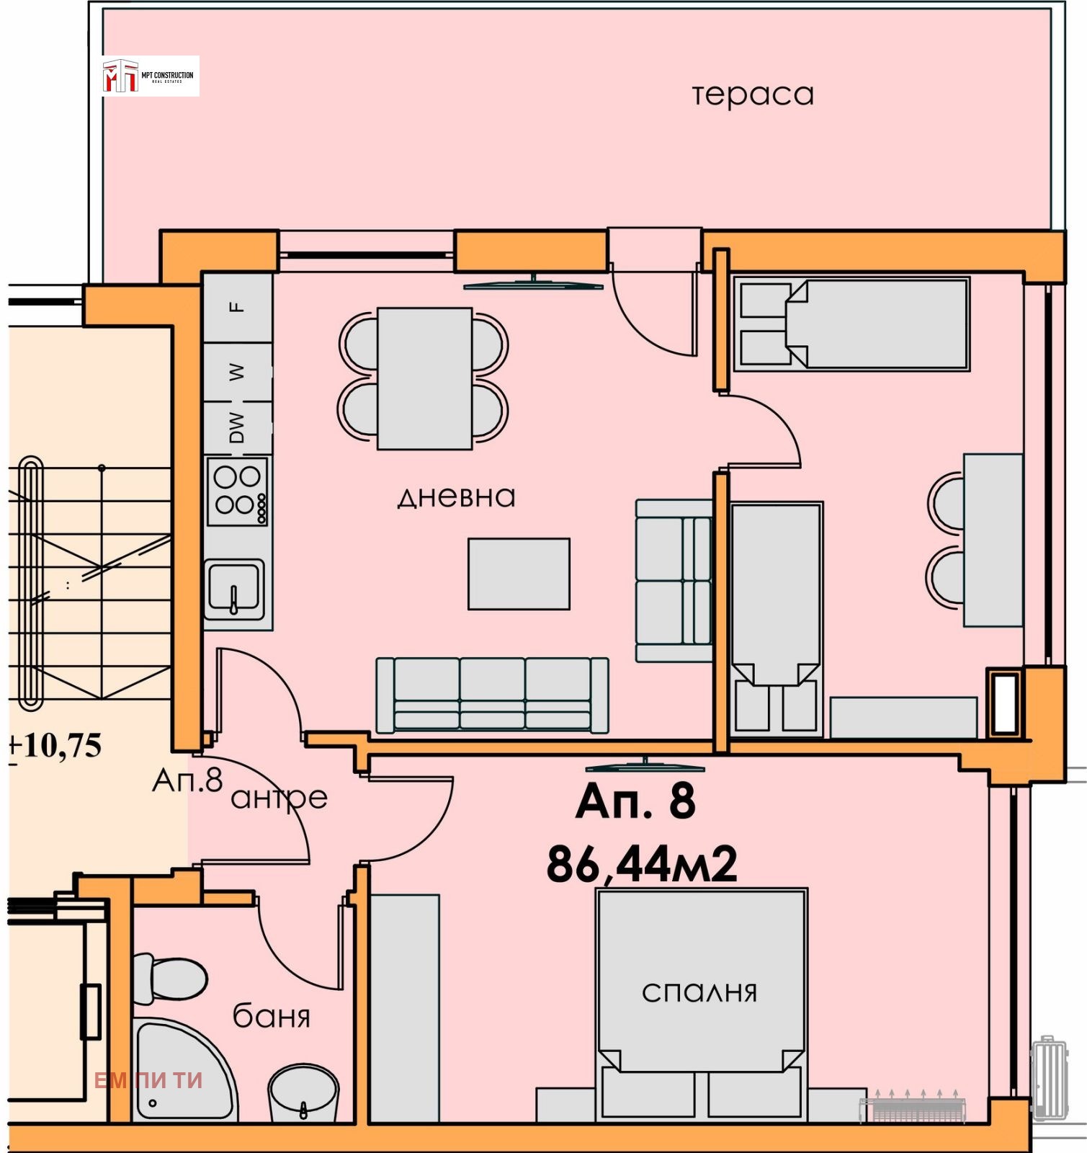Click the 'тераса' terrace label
click(x=753, y=94)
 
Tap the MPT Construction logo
click(x=150, y=76)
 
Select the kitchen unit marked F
click(x=238, y=307)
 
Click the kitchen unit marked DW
click(x=238, y=428)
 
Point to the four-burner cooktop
click(x=238, y=491)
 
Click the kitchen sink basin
click(x=235, y=587)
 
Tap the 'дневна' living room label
click(x=457, y=497)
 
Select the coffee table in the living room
click(x=519, y=574)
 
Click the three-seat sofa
click(x=492, y=695)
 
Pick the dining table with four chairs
click(x=424, y=378)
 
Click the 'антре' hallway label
click(x=279, y=798)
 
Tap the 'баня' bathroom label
click(x=271, y=1017)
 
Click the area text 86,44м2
click(x=642, y=865)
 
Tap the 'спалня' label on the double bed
click(x=699, y=992)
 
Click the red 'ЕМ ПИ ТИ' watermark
click(x=148, y=1080)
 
